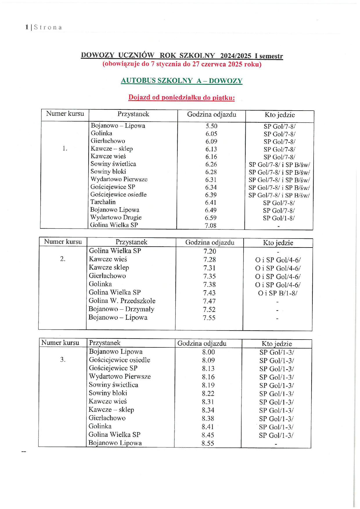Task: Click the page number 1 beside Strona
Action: click(27, 27)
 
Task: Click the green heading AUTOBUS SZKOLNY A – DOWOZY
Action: click(181, 81)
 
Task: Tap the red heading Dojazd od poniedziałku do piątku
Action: click(181, 98)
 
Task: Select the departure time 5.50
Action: click(211, 126)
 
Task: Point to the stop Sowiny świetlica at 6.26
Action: click(113, 164)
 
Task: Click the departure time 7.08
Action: click(210, 225)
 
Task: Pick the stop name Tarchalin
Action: click(103, 202)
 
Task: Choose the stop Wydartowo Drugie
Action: click(116, 217)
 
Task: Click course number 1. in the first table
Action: click(65, 149)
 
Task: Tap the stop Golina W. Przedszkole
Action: click(122, 301)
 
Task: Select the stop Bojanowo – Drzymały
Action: click(121, 309)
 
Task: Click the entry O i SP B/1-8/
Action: click(278, 293)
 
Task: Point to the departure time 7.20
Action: click(210, 251)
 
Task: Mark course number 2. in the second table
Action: click(63, 259)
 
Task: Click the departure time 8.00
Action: click(208, 352)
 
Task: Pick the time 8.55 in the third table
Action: click(208, 443)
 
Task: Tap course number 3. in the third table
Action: click(63, 360)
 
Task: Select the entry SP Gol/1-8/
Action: click(278, 218)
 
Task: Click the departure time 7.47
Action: click(209, 301)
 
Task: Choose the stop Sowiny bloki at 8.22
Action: click(108, 393)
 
